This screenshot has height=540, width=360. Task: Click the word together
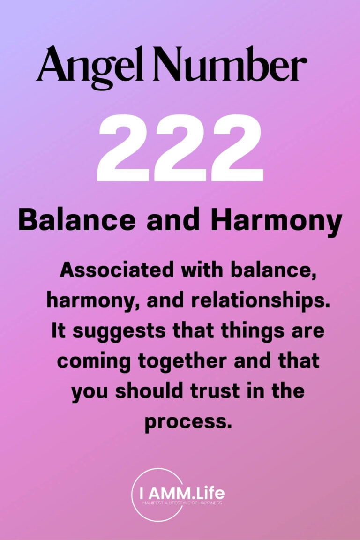180,362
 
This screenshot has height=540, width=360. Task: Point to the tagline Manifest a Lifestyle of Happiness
185,503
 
